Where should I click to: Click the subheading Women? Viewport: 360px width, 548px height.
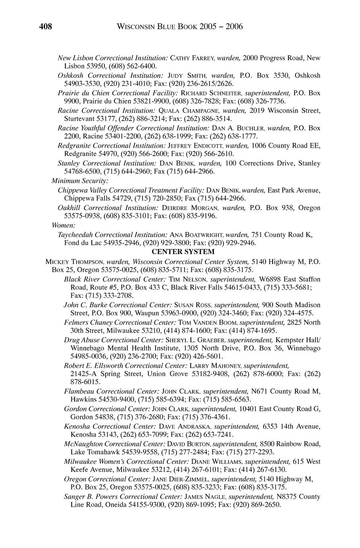tap(61, 225)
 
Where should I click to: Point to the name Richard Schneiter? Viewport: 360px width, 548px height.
tap(211, 93)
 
